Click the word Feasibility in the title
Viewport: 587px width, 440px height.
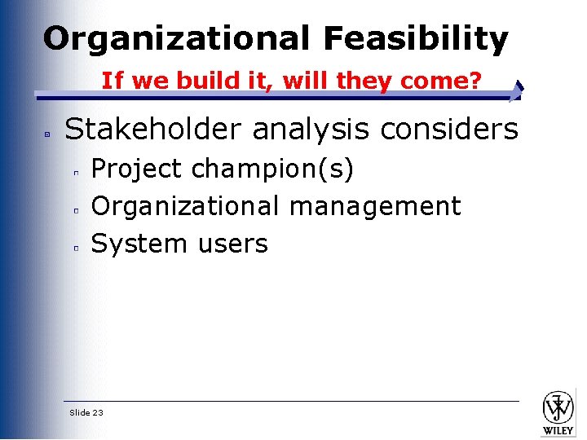(x=416, y=38)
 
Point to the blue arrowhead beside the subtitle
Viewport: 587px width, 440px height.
(x=518, y=90)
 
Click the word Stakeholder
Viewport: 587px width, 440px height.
(x=154, y=129)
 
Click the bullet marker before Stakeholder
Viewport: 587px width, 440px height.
(x=48, y=132)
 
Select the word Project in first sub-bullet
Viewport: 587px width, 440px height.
(x=136, y=169)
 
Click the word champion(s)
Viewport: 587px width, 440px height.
(x=273, y=169)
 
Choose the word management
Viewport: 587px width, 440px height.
(x=376, y=206)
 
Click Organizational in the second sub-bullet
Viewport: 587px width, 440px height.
(x=187, y=206)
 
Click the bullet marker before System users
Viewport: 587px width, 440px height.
(x=74, y=248)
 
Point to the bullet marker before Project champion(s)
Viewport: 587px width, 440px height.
(x=74, y=173)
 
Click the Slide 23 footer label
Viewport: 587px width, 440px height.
(x=86, y=413)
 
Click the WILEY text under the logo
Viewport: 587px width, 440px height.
(x=558, y=429)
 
